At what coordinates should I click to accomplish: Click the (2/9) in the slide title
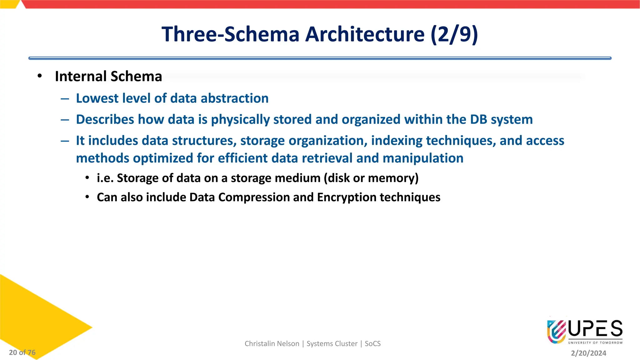tap(454, 34)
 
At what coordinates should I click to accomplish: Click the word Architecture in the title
tap(365, 34)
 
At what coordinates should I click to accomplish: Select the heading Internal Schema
tap(108, 77)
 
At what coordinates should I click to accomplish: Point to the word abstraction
tap(234, 98)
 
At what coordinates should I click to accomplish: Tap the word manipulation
tap(423, 158)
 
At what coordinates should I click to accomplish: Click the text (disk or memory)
tap(371, 178)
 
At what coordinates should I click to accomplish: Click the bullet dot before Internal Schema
tap(39, 76)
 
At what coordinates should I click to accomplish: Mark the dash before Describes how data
tap(65, 120)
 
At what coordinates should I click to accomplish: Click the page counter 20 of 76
tap(22, 352)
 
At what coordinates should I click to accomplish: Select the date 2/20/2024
tap(588, 353)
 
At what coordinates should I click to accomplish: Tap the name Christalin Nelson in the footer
tap(272, 344)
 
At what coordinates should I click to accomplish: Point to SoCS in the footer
tap(372, 344)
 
